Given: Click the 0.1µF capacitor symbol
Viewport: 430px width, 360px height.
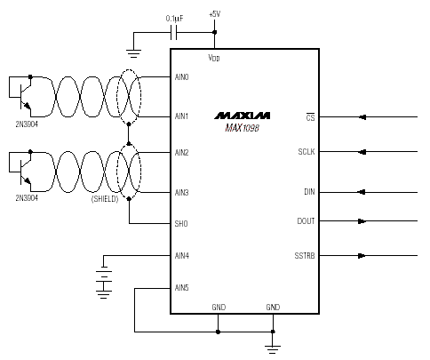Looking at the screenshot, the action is (x=174, y=32).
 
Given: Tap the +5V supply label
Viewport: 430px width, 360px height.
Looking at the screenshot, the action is (x=215, y=14).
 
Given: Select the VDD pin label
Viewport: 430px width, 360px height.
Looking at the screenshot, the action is (x=214, y=58).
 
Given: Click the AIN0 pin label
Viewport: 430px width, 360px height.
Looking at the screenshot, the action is (x=181, y=77).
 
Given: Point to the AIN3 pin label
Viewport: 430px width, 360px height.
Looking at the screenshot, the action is (x=181, y=193).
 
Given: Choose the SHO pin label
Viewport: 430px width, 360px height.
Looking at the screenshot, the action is (x=181, y=223).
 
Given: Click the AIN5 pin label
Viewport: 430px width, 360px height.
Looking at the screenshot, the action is (x=181, y=287).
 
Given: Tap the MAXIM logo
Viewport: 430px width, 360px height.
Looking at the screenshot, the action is (x=243, y=116).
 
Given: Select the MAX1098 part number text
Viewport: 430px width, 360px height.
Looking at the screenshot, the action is (x=242, y=128).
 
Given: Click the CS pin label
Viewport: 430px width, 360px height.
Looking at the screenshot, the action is (x=310, y=117).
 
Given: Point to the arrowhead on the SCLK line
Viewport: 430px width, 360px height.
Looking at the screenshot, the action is (x=362, y=152).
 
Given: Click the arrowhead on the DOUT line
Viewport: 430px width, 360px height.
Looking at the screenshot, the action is (x=362, y=221).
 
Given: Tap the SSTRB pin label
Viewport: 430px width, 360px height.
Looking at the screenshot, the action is (x=305, y=255).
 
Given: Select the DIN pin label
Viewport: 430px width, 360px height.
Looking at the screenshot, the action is (x=309, y=192).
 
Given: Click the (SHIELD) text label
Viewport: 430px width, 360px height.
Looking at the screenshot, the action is (x=105, y=199).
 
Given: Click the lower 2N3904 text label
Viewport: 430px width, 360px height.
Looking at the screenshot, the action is (x=27, y=197).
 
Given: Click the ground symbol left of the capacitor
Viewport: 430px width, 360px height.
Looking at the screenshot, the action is (x=133, y=53).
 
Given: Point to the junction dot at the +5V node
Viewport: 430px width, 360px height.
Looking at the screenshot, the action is (x=215, y=32).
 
